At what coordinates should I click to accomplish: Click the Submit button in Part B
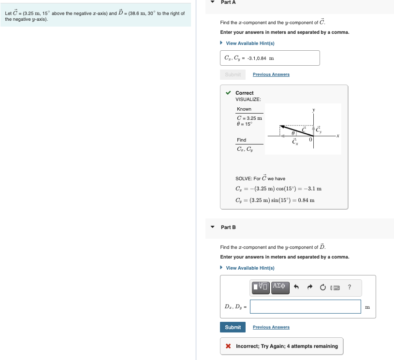(x=233, y=327)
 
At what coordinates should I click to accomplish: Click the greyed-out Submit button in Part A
(x=233, y=74)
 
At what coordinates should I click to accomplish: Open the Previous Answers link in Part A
(x=271, y=74)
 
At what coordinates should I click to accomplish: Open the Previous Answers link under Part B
(x=271, y=327)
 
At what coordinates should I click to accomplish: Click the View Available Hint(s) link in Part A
(x=250, y=43)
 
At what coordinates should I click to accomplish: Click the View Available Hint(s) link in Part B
(x=250, y=268)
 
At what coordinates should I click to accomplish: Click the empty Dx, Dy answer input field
(x=305, y=306)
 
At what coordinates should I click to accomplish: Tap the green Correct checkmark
(x=228, y=93)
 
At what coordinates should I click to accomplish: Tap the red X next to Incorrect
(x=228, y=346)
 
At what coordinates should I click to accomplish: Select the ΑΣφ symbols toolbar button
(x=280, y=287)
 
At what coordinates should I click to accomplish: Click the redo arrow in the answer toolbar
(x=309, y=288)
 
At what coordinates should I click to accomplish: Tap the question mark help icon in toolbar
(x=349, y=288)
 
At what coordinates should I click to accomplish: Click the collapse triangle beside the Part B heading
(x=212, y=227)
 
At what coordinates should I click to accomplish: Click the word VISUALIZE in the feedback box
(x=248, y=99)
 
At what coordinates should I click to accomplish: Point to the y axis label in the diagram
(x=313, y=110)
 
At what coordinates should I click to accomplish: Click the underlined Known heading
(x=244, y=109)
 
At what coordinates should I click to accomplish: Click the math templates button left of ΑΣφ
(x=260, y=287)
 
